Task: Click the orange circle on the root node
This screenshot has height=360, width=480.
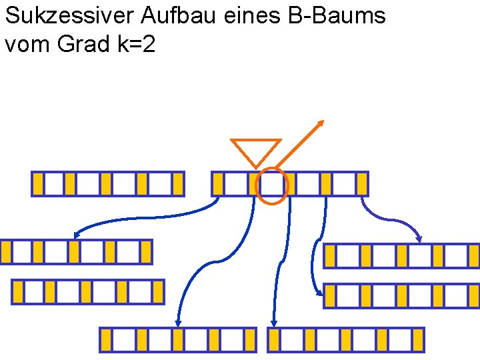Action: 272,185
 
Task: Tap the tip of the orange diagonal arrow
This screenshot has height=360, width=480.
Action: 322,122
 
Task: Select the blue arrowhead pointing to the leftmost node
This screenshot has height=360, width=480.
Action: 77,235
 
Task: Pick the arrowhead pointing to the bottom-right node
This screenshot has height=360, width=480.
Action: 273,323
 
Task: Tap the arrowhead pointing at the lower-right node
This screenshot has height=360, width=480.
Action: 318,290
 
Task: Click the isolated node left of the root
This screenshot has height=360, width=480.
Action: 107,184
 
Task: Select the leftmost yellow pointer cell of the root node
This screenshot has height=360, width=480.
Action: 217,184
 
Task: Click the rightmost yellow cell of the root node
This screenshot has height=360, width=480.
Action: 362,184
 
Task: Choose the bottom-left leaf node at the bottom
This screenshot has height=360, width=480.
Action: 177,340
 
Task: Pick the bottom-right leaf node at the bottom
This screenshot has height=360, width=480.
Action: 346,340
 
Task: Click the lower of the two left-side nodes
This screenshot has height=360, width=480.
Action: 88,292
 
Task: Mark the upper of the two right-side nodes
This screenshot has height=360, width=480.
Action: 401,256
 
